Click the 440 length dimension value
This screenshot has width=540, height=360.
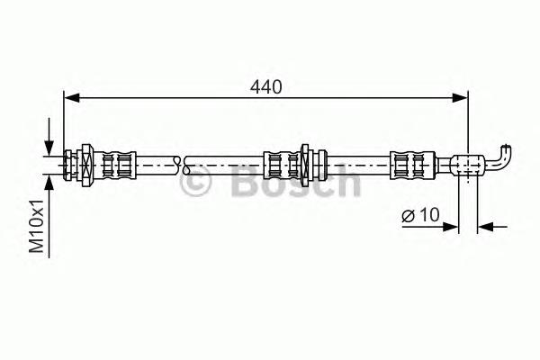[x=265, y=87]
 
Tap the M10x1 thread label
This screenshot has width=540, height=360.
[x=37, y=226]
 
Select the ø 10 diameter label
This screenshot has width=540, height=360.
[x=420, y=215]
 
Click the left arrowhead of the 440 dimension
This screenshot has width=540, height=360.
[x=72, y=98]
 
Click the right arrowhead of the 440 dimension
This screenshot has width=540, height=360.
[x=460, y=98]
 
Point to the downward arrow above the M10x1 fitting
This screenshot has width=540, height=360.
[x=49, y=137]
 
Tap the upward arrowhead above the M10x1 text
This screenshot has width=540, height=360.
[x=49, y=182]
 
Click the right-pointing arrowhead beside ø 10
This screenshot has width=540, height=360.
[x=451, y=227]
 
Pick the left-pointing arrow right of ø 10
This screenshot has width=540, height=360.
[x=492, y=227]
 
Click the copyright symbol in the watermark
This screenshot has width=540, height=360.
[x=195, y=181]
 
